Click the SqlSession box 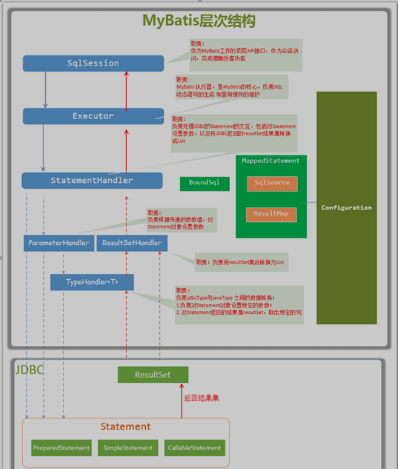pos(93,63)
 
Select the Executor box pos(93,116)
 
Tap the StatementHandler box pos(92,180)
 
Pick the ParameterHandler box pos(58,243)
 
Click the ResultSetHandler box pos(131,243)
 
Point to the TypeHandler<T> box pos(92,282)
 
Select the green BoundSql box pos(204,183)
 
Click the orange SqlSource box pos(272,183)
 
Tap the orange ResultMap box pos(271,214)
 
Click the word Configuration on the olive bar pos(347,208)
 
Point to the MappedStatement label pos(271,161)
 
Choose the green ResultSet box pos(153,375)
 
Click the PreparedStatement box pos(61,448)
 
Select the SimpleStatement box pos(128,448)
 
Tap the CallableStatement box pos(194,448)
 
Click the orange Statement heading pos(126,427)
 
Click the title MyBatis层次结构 pos(199,21)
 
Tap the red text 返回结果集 pos(202,398)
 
